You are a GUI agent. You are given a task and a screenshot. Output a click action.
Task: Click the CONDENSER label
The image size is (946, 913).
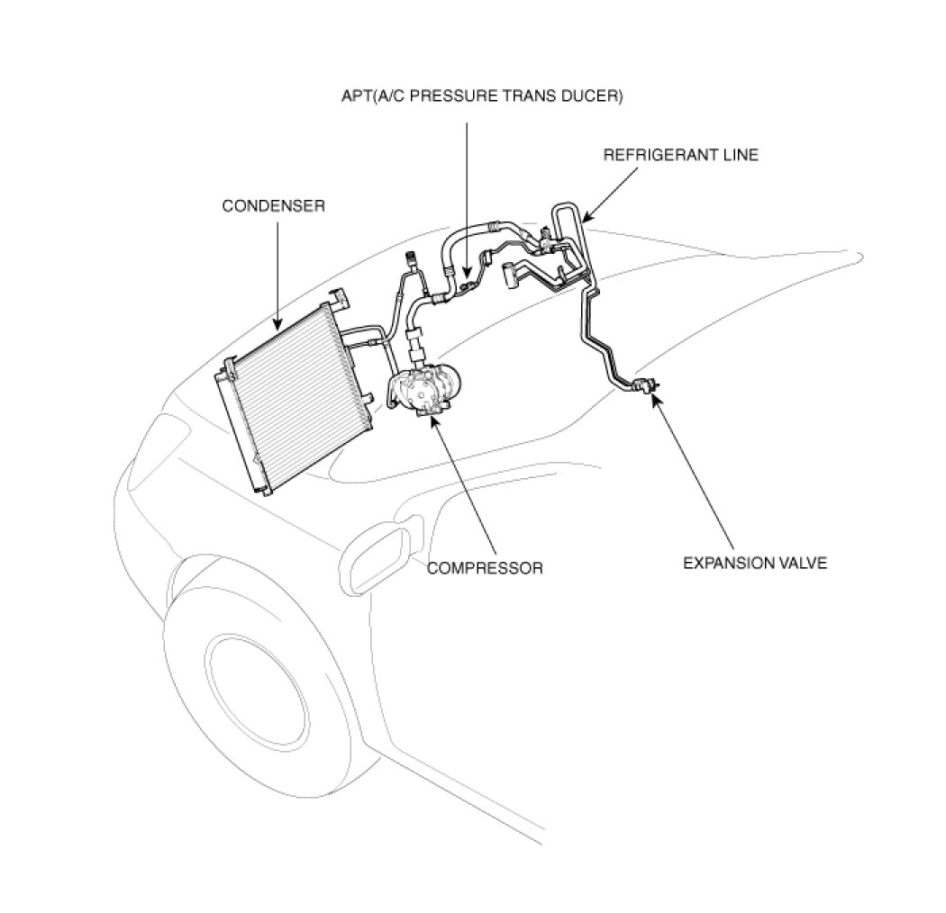273,206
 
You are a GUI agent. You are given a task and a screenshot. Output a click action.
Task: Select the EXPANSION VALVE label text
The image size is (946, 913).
754,564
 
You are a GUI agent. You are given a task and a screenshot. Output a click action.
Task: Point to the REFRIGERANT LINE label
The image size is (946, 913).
680,155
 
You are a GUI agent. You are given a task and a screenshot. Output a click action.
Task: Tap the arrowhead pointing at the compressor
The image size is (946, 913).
435,420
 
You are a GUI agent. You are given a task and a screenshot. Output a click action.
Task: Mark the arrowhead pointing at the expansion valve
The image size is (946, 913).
655,397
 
